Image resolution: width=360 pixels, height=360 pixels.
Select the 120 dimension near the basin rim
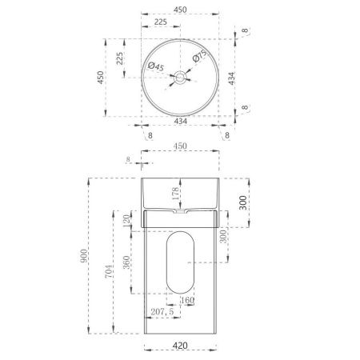(126, 221)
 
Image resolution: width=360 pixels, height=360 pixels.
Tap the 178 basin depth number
(174, 194)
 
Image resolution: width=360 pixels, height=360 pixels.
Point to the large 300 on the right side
(243, 205)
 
